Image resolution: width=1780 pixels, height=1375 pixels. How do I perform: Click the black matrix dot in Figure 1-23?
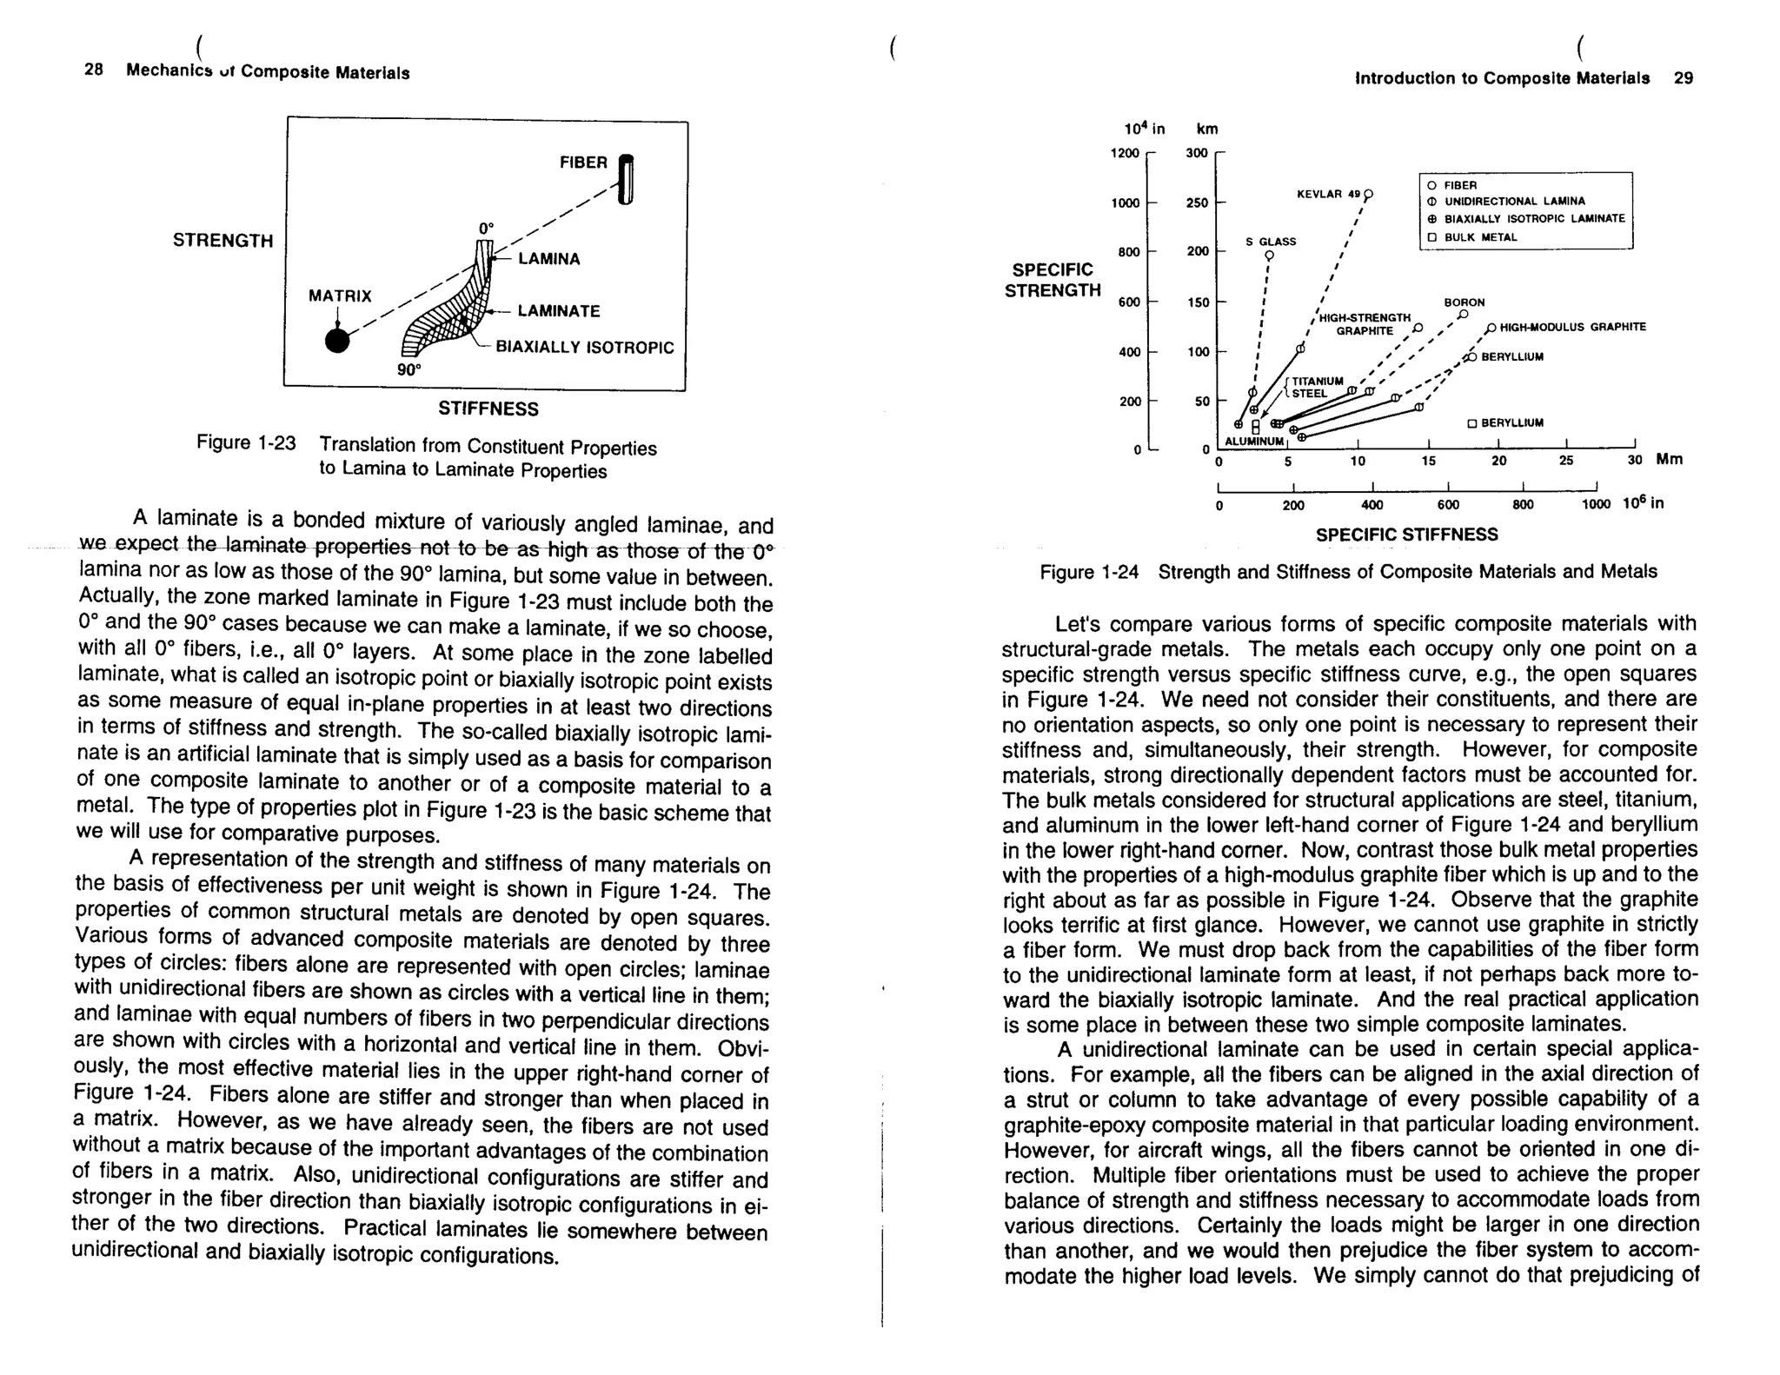click(337, 341)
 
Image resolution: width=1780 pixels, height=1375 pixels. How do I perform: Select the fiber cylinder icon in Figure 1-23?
click(626, 179)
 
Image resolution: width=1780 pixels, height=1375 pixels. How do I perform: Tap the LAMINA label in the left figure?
click(548, 259)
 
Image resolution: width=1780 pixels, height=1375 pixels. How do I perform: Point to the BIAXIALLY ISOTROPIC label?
click(584, 348)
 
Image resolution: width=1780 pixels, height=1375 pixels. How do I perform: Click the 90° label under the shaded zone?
click(408, 369)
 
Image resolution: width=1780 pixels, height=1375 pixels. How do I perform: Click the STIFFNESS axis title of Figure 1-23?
click(488, 409)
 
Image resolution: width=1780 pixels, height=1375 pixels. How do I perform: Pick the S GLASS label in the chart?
click(1271, 242)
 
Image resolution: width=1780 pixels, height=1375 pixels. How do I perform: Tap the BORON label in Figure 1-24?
click(1465, 302)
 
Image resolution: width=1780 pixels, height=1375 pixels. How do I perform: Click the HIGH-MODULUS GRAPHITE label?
click(1572, 327)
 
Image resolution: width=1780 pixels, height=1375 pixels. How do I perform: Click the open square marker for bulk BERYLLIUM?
click(1472, 423)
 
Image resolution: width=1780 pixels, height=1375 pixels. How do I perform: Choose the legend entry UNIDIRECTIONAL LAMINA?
click(1514, 202)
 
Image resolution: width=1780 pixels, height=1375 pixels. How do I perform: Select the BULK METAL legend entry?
click(1480, 237)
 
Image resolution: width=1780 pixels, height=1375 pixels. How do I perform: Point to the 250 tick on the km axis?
click(1198, 203)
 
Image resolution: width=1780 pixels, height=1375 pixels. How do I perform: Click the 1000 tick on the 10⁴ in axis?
click(1125, 203)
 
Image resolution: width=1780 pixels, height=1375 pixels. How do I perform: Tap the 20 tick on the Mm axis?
click(1498, 461)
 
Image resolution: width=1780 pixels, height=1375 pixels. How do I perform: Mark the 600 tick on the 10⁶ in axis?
click(1448, 505)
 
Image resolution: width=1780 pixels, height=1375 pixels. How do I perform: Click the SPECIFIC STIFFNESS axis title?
click(1406, 535)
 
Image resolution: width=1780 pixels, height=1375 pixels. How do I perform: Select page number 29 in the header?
click(1683, 78)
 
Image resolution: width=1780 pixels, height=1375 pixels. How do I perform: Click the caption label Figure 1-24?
click(1089, 572)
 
